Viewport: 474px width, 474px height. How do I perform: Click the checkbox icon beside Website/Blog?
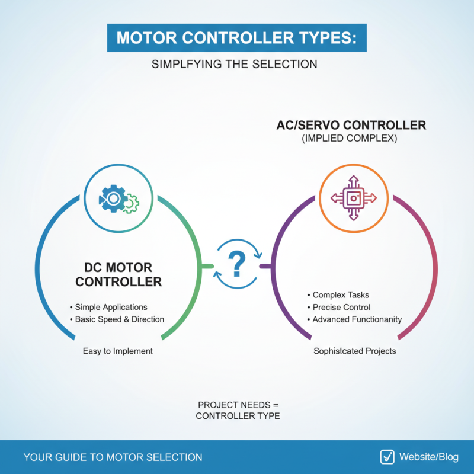pyautogui.click(x=387, y=457)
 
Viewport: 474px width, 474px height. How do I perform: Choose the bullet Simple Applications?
pyautogui.click(x=111, y=307)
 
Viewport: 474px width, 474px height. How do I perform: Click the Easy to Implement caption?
pyautogui.click(x=118, y=351)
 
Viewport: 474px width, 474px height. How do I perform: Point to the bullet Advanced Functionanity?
pyautogui.click(x=357, y=319)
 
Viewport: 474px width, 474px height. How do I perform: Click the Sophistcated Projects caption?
pyautogui.click(x=354, y=351)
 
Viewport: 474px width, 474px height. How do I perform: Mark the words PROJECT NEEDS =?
pyautogui.click(x=237, y=404)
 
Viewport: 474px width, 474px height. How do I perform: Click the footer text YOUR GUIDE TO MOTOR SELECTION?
pyautogui.click(x=113, y=457)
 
